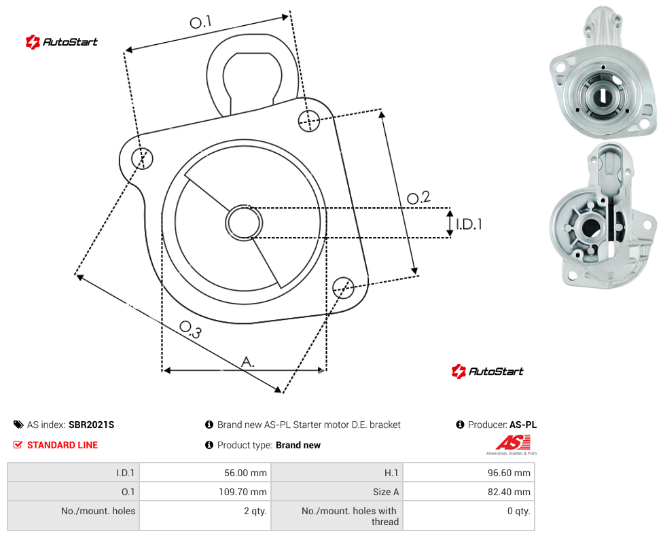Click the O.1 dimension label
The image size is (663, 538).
[200, 22]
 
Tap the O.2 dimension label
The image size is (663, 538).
[418, 197]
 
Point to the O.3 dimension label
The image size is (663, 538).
[190, 329]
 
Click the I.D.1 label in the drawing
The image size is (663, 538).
[469, 223]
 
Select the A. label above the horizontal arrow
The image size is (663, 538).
[248, 362]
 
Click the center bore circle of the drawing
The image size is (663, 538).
[244, 223]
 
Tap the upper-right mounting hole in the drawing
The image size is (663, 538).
[309, 121]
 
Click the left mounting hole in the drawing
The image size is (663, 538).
[142, 158]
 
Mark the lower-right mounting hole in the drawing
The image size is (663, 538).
[343, 287]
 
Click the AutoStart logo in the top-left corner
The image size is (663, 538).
[62, 42]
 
